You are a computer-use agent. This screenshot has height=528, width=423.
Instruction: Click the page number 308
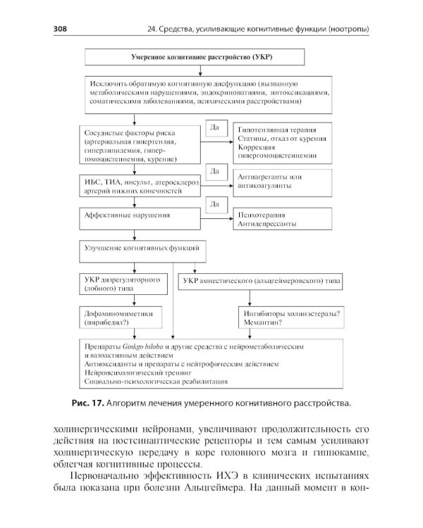point(62,28)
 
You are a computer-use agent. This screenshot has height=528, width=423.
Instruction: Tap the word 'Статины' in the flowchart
point(255,141)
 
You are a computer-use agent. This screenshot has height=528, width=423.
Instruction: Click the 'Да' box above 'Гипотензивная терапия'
point(215,127)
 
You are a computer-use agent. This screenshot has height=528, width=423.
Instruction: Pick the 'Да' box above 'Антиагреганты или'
point(215,171)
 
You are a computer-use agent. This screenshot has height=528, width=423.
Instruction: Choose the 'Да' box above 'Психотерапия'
point(215,203)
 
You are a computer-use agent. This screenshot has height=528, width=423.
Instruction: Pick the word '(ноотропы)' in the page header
point(345,28)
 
